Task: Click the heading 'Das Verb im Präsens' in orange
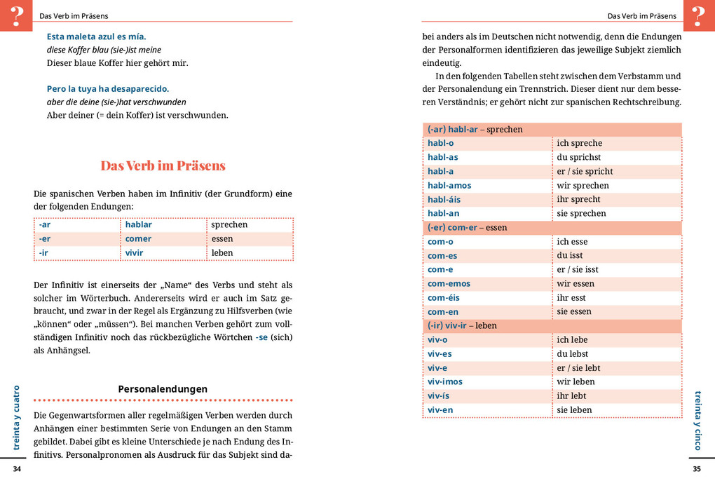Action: click(163, 166)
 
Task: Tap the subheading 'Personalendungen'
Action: click(163, 388)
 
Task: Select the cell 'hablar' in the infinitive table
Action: click(138, 225)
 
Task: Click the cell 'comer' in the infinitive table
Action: click(138, 239)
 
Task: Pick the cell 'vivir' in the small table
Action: click(134, 253)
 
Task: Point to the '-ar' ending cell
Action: click(45, 225)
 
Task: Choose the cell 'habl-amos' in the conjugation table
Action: click(449, 186)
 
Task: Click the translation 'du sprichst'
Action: click(578, 158)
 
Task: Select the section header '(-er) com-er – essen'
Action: click(467, 228)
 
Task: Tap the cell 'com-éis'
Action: click(444, 298)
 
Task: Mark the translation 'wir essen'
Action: click(575, 284)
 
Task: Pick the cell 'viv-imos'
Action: click(445, 382)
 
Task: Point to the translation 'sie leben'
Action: click(574, 410)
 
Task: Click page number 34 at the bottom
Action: click(18, 468)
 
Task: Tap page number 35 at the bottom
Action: click(696, 468)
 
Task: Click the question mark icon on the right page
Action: click(698, 15)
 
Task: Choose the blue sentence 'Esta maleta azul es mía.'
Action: click(96, 36)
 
